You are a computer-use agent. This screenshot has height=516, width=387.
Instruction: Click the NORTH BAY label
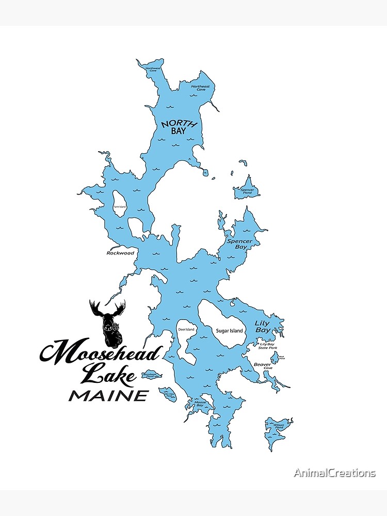coord(172,127)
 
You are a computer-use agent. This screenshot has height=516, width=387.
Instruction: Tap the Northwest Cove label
coord(153,69)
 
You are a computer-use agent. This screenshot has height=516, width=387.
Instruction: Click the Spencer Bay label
coord(240,244)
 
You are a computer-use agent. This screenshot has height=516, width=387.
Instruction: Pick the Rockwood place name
coord(120,253)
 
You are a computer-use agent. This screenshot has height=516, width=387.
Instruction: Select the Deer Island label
coord(186,329)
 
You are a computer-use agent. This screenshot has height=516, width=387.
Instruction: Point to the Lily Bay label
coord(263,327)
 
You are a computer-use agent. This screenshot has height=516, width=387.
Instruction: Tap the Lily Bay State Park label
coord(268,346)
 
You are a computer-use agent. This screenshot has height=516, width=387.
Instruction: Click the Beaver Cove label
coord(263,366)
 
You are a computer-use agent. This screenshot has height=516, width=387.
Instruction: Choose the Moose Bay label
coord(200,404)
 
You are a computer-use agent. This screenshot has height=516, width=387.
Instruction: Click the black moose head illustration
coord(108,323)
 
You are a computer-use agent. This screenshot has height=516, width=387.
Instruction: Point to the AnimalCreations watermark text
coord(334,473)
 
